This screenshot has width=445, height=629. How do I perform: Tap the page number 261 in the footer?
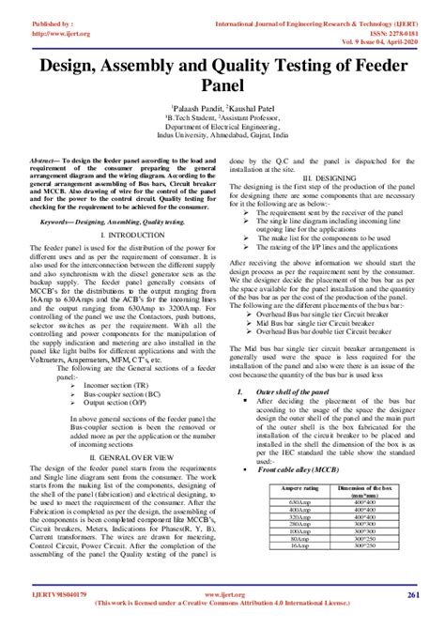click(x=413, y=595)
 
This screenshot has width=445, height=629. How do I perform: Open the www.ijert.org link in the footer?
click(x=222, y=595)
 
